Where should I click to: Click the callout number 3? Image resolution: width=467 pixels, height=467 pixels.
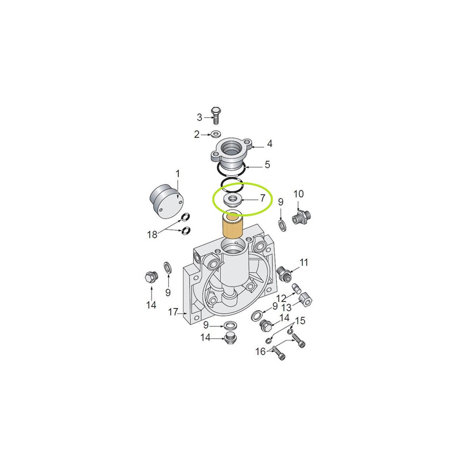200,117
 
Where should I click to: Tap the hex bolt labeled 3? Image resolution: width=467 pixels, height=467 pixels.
216,115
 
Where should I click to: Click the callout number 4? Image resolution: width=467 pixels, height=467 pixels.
270,144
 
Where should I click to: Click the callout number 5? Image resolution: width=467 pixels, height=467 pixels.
267,164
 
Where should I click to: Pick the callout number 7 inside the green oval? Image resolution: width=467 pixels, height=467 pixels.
262,198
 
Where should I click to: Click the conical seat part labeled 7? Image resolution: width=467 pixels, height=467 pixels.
232,201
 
